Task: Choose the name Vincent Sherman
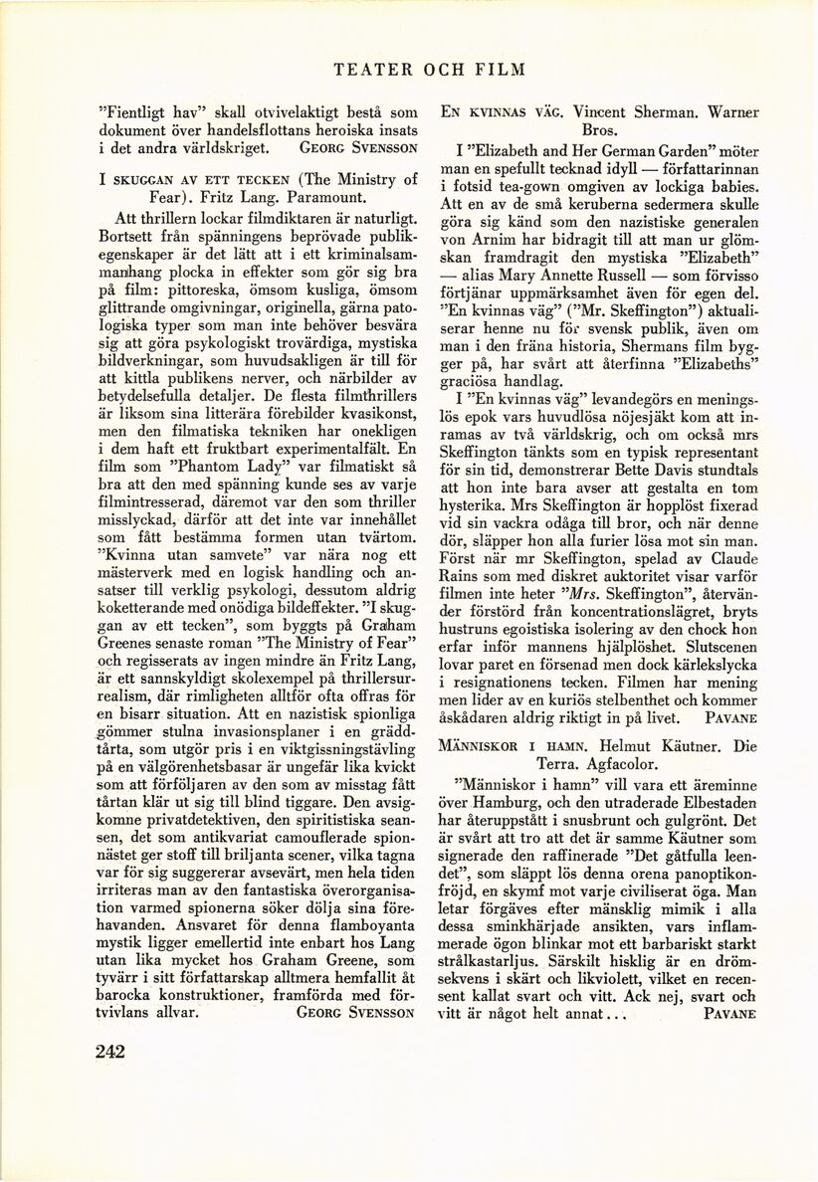tap(643, 112)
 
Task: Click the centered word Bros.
tap(598, 130)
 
